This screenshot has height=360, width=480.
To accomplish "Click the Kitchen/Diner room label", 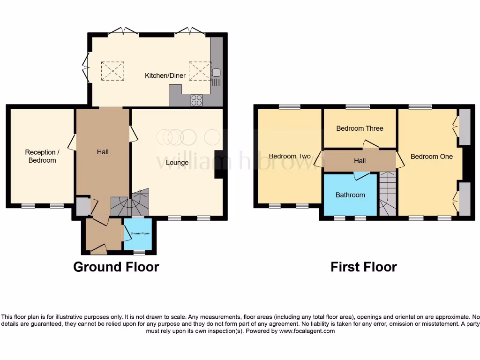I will (165, 75).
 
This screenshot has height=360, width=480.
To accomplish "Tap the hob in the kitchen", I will (197, 100).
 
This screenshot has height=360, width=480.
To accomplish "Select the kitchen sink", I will (216, 73).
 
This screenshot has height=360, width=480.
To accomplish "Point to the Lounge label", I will (177, 163).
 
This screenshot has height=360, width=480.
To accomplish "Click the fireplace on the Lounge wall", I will (219, 164).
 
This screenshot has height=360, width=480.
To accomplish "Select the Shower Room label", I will (137, 232).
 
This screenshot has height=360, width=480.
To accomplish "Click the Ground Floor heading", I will (116, 267).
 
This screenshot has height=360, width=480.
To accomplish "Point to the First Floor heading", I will (363, 267).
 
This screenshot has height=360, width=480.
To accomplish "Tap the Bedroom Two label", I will (290, 156).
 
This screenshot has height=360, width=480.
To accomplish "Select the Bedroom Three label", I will (360, 128).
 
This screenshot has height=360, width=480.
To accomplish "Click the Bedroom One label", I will (431, 156).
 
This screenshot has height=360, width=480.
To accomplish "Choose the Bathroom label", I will (350, 195).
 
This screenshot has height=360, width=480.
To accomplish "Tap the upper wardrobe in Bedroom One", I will (464, 127).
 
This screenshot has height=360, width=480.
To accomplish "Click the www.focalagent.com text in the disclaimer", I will (307, 331).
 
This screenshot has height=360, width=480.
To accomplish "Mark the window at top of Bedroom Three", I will (358, 107).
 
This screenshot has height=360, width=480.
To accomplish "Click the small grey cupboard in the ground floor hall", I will (82, 206).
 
